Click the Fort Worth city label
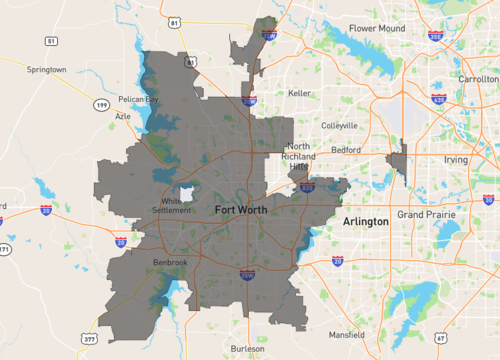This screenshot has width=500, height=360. pos(241,210)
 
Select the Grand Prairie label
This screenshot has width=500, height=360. pos(425,215)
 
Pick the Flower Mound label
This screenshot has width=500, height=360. pos(375,28)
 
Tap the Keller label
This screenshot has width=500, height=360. pos(299,92)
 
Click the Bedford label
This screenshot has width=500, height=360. pos(345,150)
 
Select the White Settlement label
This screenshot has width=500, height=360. pos(177,205)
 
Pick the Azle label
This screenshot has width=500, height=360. pos(123,116)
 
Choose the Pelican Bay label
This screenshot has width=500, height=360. pos(138,100)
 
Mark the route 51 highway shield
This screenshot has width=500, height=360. pos(50,40)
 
